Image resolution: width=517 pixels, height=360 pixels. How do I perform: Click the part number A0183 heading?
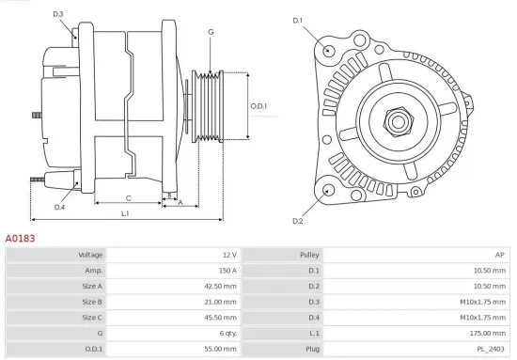coord(21,239)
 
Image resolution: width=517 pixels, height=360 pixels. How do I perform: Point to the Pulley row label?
coord(309,255)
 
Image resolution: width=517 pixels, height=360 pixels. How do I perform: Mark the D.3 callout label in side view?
coord(58,14)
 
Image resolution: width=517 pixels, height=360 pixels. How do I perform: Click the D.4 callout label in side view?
coord(59,207)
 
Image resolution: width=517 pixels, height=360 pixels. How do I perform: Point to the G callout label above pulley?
coord(211,32)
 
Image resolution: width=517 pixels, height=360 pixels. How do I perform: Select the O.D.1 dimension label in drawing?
coord(258,106)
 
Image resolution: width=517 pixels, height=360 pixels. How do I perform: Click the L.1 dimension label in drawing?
coord(125,214)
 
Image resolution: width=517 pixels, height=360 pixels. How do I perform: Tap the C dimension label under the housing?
coord(128,198)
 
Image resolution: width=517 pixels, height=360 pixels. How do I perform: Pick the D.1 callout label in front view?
coord(298,20)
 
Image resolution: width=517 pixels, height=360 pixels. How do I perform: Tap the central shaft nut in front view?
coord(394,121)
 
